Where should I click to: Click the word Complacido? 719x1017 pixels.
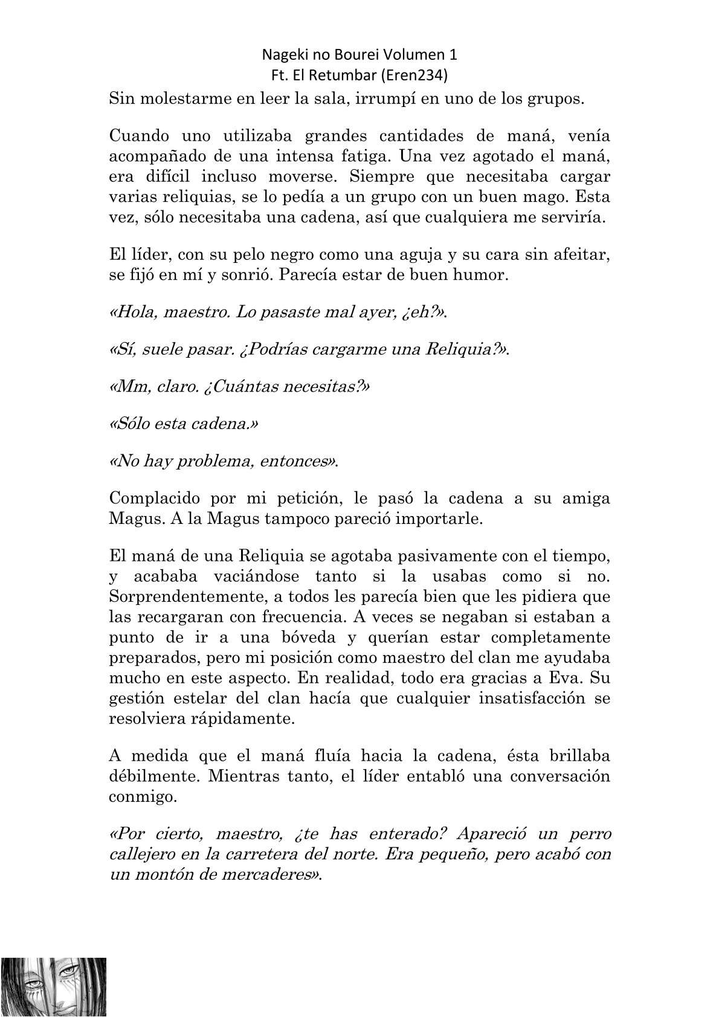point(155,499)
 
